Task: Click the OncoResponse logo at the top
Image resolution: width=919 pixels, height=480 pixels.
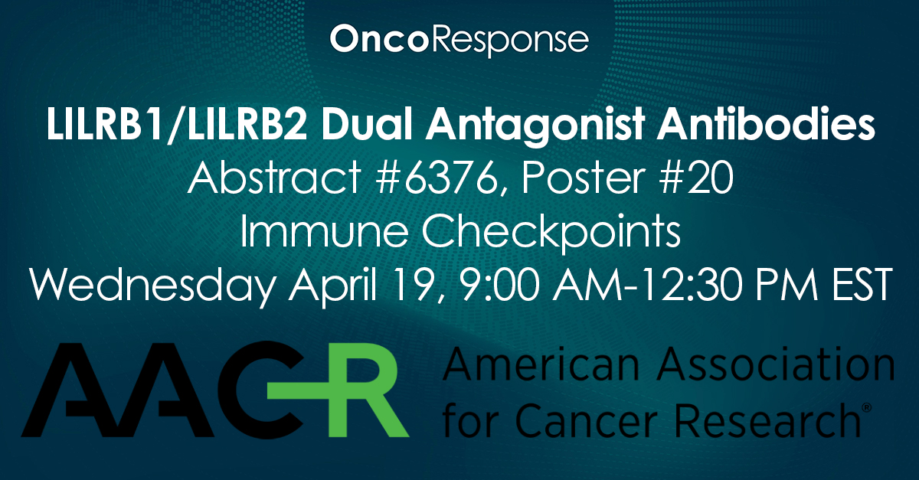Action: [x=459, y=39]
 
